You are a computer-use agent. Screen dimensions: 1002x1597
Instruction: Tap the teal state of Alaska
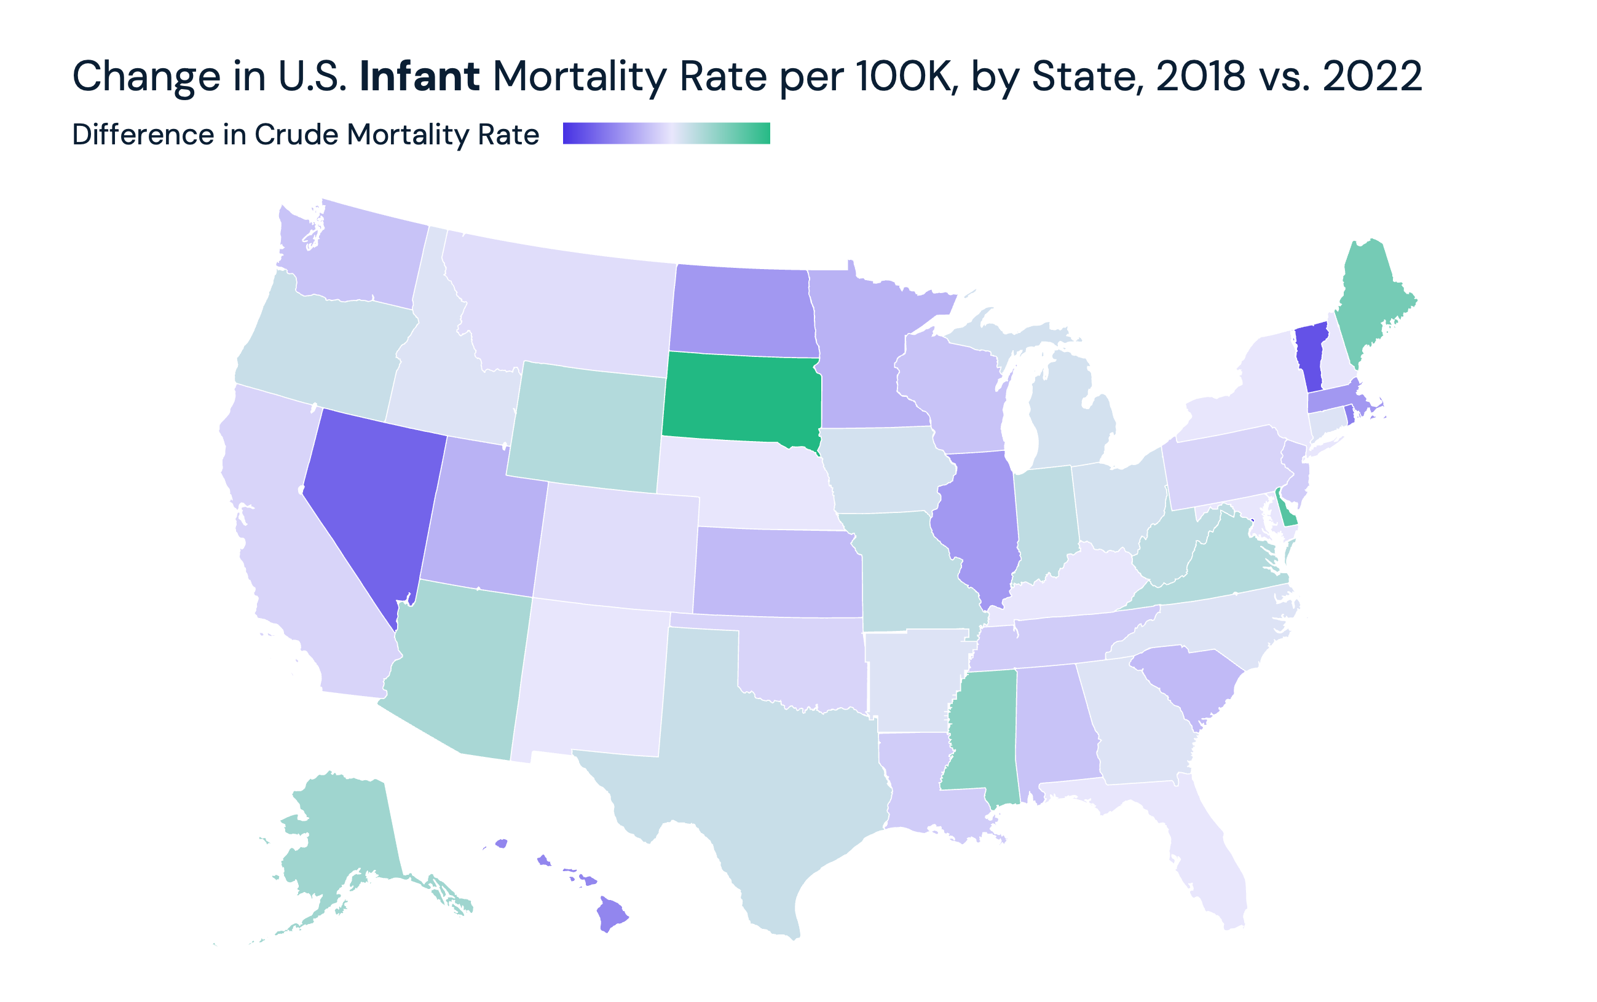coord(345,842)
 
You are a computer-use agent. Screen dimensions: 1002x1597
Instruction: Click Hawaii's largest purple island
coord(611,915)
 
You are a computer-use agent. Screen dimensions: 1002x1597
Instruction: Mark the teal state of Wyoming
coord(586,428)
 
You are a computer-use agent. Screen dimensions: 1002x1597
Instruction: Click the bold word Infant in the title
coord(419,76)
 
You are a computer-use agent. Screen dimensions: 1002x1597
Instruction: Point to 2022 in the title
coord(1371,76)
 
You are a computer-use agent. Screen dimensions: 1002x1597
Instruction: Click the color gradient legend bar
coord(666,133)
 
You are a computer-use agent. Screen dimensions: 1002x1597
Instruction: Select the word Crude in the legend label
coord(296,135)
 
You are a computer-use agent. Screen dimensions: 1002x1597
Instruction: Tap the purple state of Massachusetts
coord(1333,399)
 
